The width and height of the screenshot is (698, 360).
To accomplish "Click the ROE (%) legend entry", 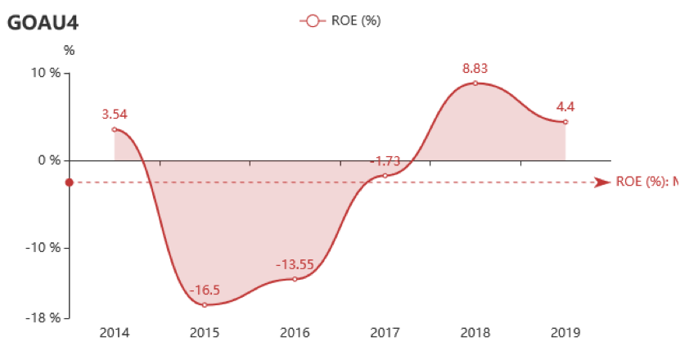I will coord(340,20).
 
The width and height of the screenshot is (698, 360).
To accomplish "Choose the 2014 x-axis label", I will coord(115,333).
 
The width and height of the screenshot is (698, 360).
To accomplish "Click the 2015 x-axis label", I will coord(205,333).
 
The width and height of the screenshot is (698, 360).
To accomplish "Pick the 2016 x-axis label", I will coord(295,333).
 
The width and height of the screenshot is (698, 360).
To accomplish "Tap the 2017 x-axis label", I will coord(385,333).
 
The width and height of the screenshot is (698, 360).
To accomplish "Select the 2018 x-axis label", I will coord(475,333).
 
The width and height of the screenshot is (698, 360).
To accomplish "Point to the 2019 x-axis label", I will coord(565,333).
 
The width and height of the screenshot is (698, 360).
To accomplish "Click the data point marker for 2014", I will coord(115,129).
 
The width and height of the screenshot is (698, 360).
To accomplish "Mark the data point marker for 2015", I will coord(205,304).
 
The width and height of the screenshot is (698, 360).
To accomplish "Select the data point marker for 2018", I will coord(475,83).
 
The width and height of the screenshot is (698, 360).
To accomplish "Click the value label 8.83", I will coord(475,69).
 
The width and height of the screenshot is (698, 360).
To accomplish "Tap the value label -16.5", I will coord(205,290).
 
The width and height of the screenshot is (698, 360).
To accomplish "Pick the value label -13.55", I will coord(295,264).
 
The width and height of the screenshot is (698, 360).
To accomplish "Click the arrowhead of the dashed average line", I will coord(602,182).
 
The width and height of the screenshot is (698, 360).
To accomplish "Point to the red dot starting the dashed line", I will coord(70,182).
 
